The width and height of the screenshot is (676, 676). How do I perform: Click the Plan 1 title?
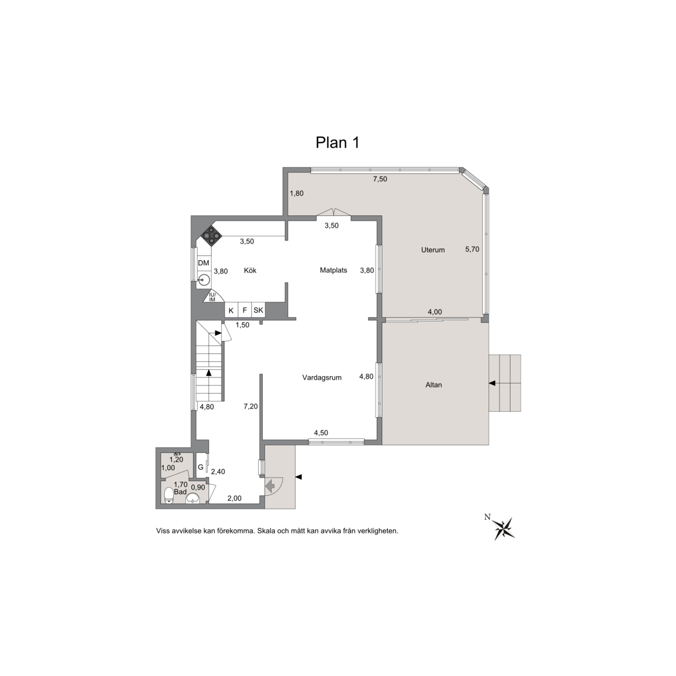pyautogui.click(x=337, y=142)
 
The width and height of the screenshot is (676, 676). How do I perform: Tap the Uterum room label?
pyautogui.click(x=433, y=249)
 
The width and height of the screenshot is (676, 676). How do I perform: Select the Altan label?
pyautogui.click(x=434, y=385)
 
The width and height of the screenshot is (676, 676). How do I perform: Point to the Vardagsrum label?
pyautogui.click(x=322, y=378)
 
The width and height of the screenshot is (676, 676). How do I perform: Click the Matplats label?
pyautogui.click(x=333, y=271)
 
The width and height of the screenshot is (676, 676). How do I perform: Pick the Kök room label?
pyautogui.click(x=250, y=271)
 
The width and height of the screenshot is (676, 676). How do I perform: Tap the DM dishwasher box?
pyautogui.click(x=204, y=263)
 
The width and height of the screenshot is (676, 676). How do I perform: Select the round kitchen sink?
pyautogui.click(x=204, y=280)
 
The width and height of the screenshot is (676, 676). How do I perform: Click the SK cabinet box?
pyautogui.click(x=258, y=310)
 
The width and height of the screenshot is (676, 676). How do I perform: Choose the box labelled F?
pyautogui.click(x=245, y=310)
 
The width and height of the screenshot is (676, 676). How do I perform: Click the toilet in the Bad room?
pyautogui.click(x=169, y=495)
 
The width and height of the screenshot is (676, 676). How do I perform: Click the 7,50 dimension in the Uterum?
pyautogui.click(x=380, y=179)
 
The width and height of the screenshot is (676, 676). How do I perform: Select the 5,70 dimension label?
pyautogui.click(x=472, y=249)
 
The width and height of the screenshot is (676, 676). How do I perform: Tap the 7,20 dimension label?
pyautogui.click(x=251, y=407)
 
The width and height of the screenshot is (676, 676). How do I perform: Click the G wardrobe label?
pyautogui.click(x=201, y=467)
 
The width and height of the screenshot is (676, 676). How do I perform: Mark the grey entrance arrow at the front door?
pyautogui.click(x=271, y=486)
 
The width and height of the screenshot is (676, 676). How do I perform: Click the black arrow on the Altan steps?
pyautogui.click(x=492, y=383)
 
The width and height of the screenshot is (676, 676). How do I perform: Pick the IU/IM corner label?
pyautogui.click(x=212, y=297)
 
